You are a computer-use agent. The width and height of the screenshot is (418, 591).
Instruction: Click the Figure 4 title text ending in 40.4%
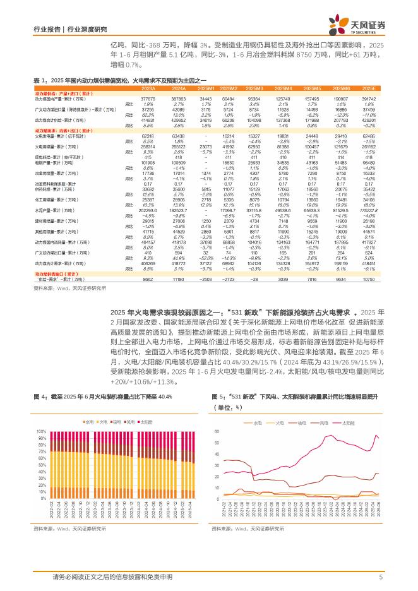click(104, 397)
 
